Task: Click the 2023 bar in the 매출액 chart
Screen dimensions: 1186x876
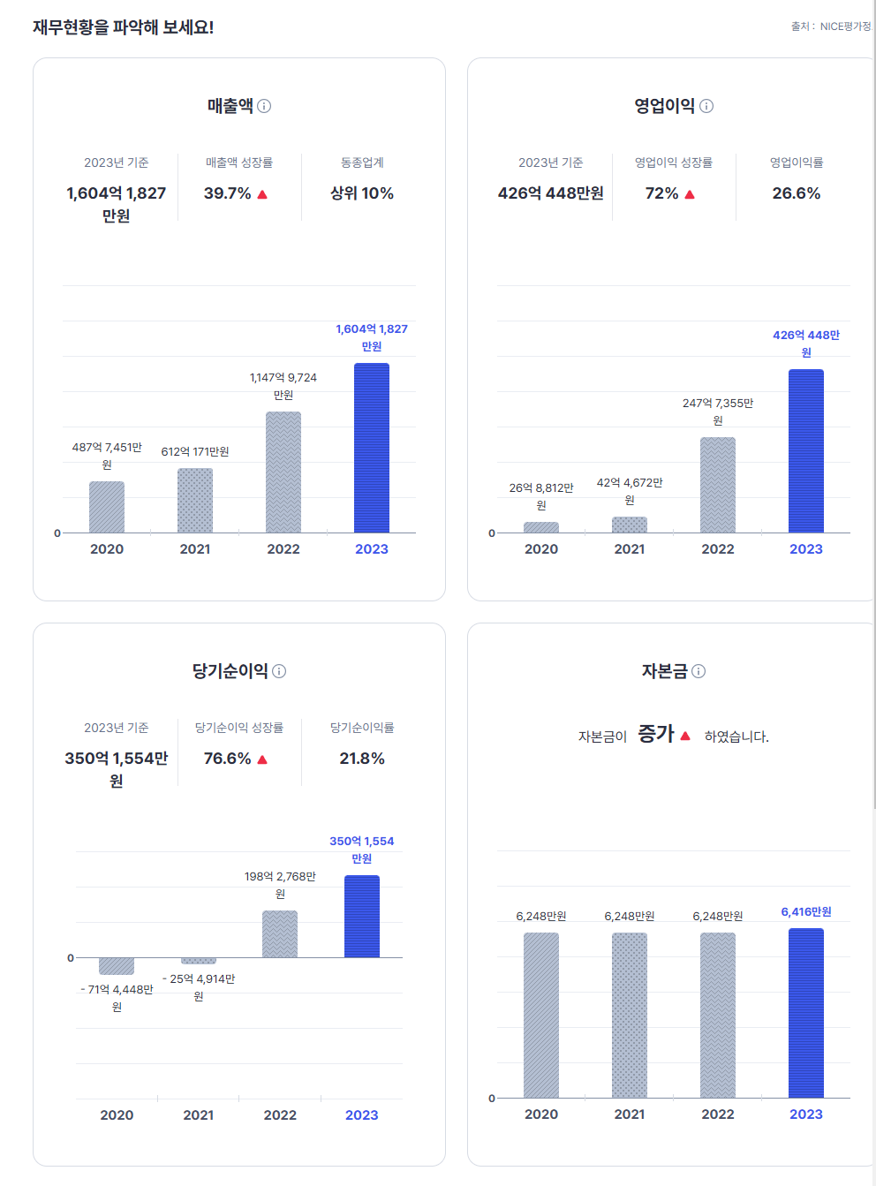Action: pyautogui.click(x=372, y=448)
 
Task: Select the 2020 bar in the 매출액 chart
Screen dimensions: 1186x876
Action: pyautogui.click(x=107, y=507)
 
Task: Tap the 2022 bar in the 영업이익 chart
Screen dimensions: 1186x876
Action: pyautogui.click(x=718, y=485)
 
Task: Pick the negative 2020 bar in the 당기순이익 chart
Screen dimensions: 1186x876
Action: pyautogui.click(x=117, y=966)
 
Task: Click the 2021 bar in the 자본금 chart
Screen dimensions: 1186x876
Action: pyautogui.click(x=630, y=1015)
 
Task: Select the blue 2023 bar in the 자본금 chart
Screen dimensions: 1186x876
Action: pyautogui.click(x=806, y=1013)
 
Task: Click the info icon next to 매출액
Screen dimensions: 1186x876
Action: pyautogui.click(x=264, y=106)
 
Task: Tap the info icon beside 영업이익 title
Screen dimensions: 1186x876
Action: pyautogui.click(x=706, y=106)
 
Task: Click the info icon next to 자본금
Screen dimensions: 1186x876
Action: pyautogui.click(x=699, y=671)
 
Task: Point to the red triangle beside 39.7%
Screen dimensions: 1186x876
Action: pyautogui.click(x=262, y=194)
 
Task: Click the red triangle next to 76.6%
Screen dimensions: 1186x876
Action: pyautogui.click(x=262, y=759)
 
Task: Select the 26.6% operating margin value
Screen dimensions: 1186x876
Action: pyautogui.click(x=797, y=193)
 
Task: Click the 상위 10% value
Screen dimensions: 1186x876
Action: pyautogui.click(x=362, y=193)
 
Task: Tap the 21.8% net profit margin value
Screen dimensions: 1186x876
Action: pyautogui.click(x=362, y=759)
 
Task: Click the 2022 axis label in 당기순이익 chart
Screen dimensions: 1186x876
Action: pyautogui.click(x=280, y=1115)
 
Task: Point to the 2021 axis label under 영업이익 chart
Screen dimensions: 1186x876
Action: pyautogui.click(x=630, y=549)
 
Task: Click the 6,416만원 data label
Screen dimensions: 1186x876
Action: pyautogui.click(x=806, y=912)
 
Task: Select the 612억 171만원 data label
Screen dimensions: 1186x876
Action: pyautogui.click(x=195, y=452)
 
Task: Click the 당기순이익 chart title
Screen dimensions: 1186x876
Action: pyautogui.click(x=230, y=671)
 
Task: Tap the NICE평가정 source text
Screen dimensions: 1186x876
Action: pyautogui.click(x=845, y=26)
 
